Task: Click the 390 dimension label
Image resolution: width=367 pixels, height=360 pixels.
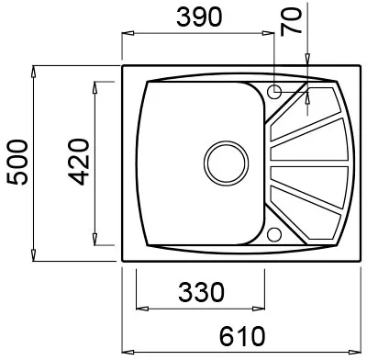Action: [x=199, y=17]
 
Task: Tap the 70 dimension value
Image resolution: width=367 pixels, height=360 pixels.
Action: [x=291, y=22]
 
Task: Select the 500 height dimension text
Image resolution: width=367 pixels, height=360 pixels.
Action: [x=17, y=163]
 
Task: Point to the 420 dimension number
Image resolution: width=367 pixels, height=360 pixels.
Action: [x=78, y=163]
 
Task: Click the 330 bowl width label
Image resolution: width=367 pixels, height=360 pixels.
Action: [x=201, y=292]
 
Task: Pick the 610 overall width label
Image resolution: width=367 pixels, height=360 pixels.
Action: [x=242, y=336]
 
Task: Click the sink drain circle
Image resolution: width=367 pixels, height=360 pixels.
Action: [x=227, y=163]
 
